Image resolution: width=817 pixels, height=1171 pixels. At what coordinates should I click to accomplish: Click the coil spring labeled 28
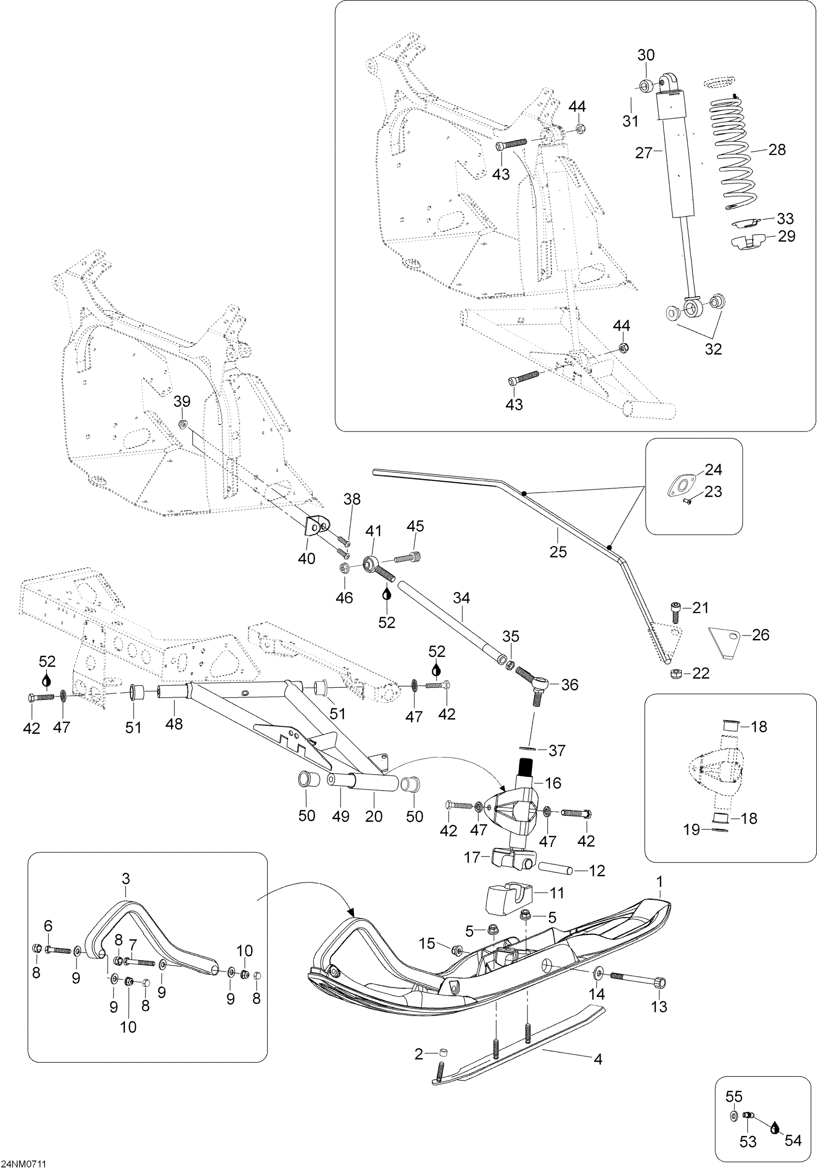[x=733, y=153]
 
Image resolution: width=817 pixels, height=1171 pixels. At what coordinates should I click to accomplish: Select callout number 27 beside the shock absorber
[x=644, y=153]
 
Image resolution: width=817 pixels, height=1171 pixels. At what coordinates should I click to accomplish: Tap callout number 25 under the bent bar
[x=558, y=551]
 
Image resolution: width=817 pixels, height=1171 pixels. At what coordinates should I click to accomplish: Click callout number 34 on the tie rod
[x=461, y=598]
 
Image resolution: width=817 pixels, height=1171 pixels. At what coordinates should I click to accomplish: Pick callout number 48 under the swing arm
[x=174, y=724]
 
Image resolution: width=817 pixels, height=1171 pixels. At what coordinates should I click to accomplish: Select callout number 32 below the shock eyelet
[x=713, y=349]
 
